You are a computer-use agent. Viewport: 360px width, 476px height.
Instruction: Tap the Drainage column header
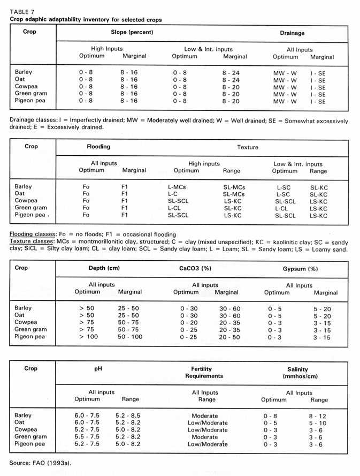[x=292, y=33]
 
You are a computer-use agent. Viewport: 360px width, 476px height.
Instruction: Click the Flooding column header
[x=98, y=146]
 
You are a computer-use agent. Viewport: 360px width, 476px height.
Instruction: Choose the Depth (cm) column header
[x=104, y=268]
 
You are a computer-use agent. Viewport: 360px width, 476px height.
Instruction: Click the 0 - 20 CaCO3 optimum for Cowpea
[x=184, y=323]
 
